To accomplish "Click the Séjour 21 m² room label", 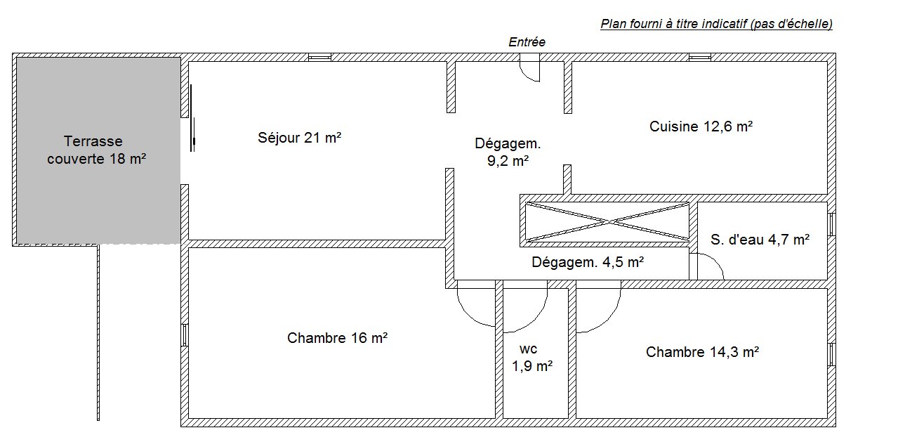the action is pyautogui.click(x=299, y=138).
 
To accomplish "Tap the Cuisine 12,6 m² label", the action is pyautogui.click(x=701, y=126).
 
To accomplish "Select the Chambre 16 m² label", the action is pyautogui.click(x=337, y=338).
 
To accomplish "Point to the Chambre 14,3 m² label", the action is pyautogui.click(x=702, y=352).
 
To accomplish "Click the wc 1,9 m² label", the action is pyautogui.click(x=532, y=358).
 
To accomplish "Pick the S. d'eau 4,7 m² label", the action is pyautogui.click(x=760, y=240).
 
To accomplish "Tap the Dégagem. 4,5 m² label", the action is pyautogui.click(x=588, y=262).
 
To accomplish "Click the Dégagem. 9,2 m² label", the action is pyautogui.click(x=508, y=152).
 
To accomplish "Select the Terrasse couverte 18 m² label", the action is pyautogui.click(x=96, y=150).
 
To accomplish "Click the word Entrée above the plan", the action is pyautogui.click(x=527, y=42).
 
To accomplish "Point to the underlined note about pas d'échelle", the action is pyautogui.click(x=716, y=24).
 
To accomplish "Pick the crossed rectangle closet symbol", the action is pyautogui.click(x=607, y=221).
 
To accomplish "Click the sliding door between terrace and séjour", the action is pyautogui.click(x=192, y=118).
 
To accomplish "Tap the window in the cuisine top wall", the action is pyautogui.click(x=700, y=58).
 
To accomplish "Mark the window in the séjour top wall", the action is pyautogui.click(x=319, y=58).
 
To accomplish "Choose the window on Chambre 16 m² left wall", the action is pyautogui.click(x=184, y=334).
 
